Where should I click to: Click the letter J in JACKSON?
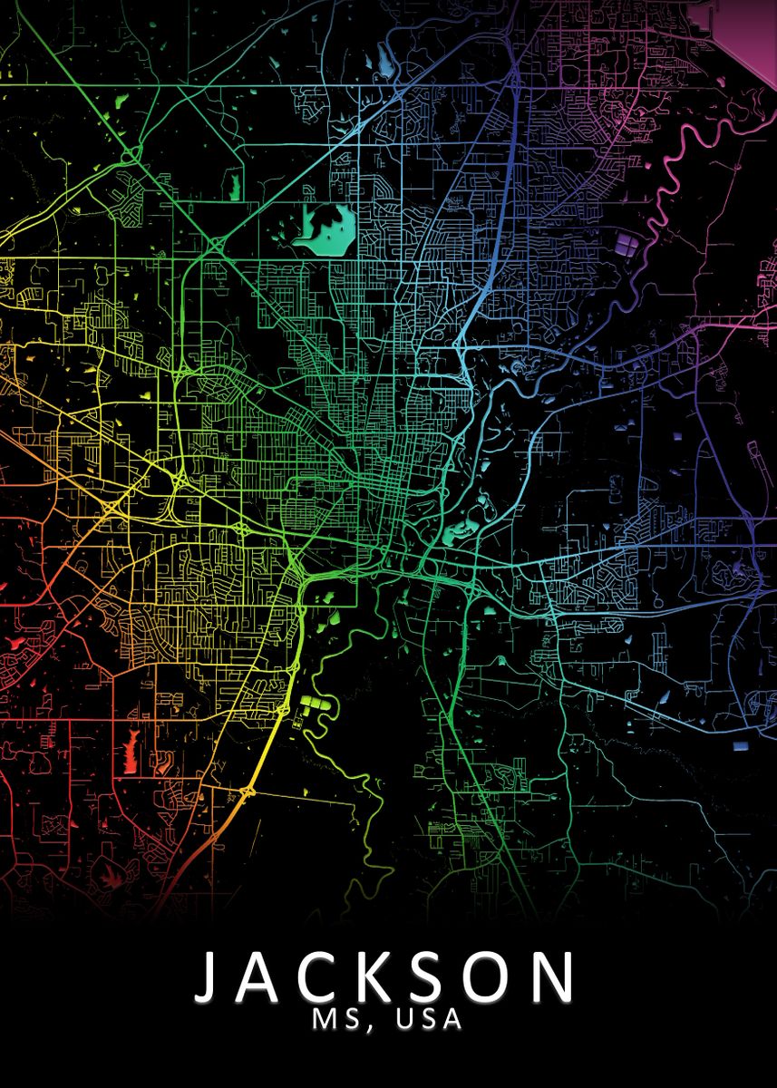pyautogui.click(x=211, y=978)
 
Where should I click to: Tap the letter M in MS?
pyautogui.click(x=325, y=1020)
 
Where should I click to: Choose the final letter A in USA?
pyautogui.click(x=451, y=1020)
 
